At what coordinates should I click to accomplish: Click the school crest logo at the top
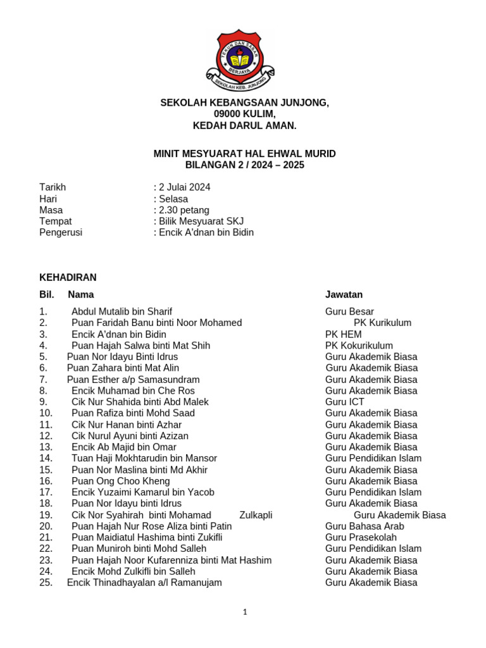(240, 59)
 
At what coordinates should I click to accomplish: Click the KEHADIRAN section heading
(68, 277)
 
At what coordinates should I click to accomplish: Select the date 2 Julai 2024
(183, 187)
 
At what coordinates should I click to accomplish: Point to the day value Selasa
(172, 199)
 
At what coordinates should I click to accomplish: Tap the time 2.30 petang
(182, 210)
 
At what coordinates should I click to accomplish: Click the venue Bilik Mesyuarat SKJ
(199, 221)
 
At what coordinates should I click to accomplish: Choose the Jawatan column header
(344, 294)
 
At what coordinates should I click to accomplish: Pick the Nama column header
(81, 294)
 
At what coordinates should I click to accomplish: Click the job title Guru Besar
(349, 311)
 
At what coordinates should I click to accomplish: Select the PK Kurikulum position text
(382, 323)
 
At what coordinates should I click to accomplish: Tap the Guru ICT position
(345, 402)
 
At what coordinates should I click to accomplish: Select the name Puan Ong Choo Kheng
(120, 481)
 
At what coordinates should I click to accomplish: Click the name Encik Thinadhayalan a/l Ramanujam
(144, 583)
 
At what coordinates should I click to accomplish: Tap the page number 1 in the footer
(244, 612)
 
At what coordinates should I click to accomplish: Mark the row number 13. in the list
(46, 447)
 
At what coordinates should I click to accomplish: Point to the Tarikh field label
(53, 187)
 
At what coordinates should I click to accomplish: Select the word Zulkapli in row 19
(256, 515)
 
